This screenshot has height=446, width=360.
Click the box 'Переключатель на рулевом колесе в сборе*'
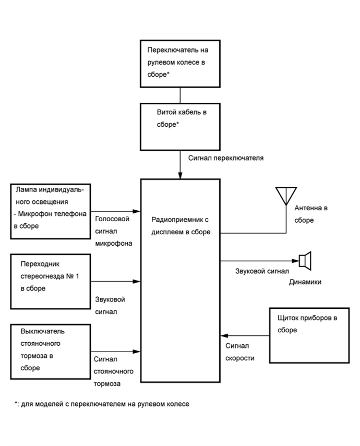[x=179, y=64]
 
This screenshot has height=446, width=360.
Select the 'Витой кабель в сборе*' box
[x=179, y=126]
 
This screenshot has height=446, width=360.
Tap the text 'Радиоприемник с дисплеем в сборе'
[x=181, y=226]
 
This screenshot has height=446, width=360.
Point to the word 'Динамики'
[x=305, y=282]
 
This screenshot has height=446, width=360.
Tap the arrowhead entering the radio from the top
[x=180, y=175]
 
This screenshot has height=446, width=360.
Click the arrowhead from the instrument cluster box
[x=223, y=336]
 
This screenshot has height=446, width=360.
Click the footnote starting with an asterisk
[x=102, y=404]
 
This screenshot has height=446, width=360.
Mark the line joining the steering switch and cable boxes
[x=180, y=94]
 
